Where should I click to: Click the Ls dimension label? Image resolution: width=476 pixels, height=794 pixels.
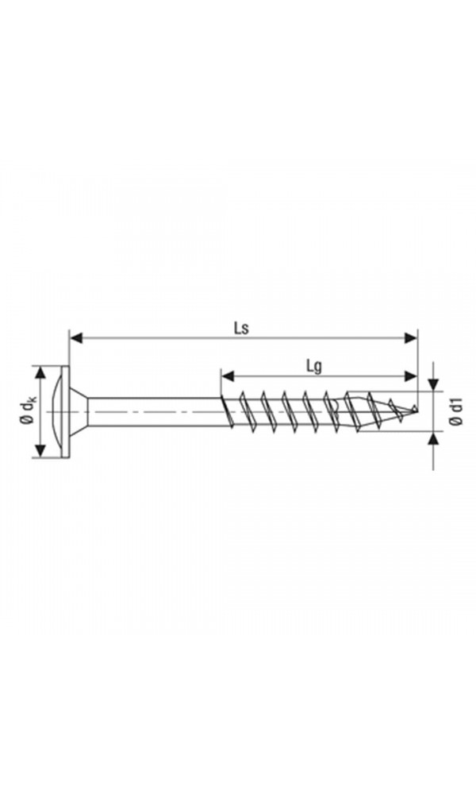[x=243, y=327]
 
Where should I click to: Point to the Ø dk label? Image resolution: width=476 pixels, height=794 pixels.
[x=27, y=411]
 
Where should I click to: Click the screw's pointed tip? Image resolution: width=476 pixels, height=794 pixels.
[x=414, y=410]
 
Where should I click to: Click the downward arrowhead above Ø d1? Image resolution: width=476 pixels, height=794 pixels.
[x=433, y=385]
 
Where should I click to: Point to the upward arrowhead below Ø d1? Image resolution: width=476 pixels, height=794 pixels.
[x=433, y=439]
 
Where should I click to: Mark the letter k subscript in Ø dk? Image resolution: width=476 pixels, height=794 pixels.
[x=31, y=401]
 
